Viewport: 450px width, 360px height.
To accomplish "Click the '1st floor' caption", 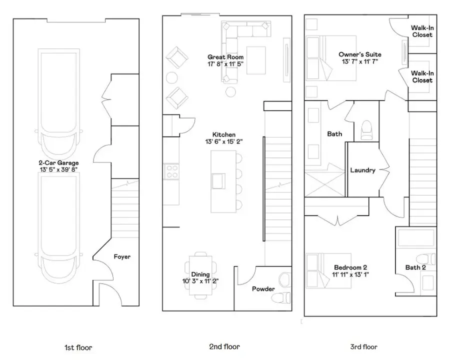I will click(78, 347).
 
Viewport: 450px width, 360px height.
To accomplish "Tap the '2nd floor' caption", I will click(224, 346).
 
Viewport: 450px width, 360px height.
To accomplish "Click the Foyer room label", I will click(122, 257).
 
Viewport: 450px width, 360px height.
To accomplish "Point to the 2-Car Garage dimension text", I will click(58, 169).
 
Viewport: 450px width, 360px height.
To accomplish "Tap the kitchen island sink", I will click(218, 179).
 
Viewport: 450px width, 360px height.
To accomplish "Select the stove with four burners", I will click(171, 171).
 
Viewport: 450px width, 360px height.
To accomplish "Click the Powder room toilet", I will click(281, 288).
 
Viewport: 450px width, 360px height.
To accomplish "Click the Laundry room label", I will click(362, 170).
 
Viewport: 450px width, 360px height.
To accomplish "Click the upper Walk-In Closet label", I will click(422, 31).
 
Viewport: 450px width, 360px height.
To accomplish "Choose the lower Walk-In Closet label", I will click(422, 76).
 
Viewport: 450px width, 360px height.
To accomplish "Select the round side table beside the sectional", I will click(231, 91).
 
